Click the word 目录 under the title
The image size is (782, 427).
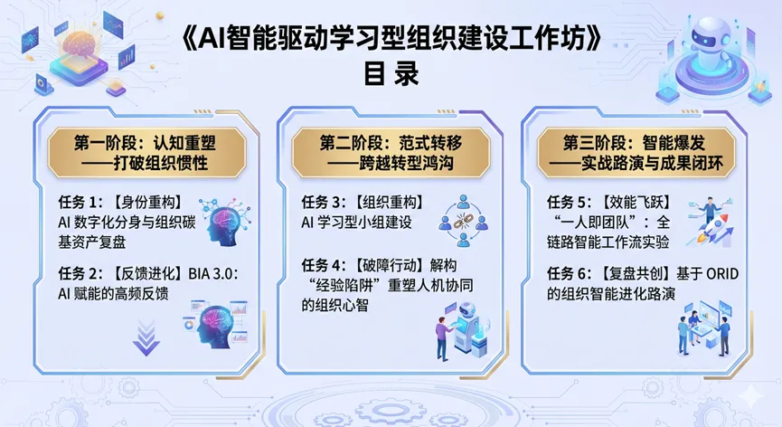coord(391,73)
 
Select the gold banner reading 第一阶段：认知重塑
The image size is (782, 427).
coord(146,153)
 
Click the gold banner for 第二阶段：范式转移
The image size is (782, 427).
coord(391,153)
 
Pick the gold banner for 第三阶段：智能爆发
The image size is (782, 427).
coord(636,153)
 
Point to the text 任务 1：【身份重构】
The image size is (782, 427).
coord(121,203)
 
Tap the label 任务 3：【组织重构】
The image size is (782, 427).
coord(364,203)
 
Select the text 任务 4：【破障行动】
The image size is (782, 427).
coord(364,265)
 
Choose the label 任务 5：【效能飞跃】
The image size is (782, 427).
coord(609,203)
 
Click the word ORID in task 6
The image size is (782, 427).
coord(722,273)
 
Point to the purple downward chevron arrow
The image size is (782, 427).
coord(146,337)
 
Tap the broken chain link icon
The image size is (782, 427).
coord(463,221)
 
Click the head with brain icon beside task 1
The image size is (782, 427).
coord(225,223)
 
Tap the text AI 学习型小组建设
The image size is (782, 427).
coord(356,223)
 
